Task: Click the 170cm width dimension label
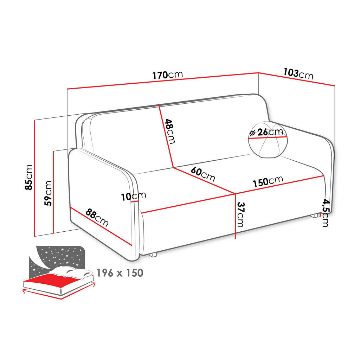[168, 75]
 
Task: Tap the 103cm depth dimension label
[298, 73]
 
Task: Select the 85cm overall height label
[29, 177]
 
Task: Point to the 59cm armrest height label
[48, 193]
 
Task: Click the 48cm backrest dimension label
[170, 131]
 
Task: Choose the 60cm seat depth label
[203, 174]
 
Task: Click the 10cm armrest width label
[134, 196]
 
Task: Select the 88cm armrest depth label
[97, 217]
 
